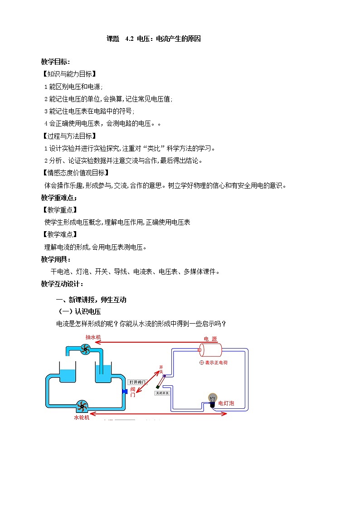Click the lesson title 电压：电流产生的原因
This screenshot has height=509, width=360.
[x=169, y=39]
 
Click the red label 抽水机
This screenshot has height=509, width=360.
[x=93, y=338]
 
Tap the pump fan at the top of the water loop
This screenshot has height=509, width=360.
[x=85, y=349]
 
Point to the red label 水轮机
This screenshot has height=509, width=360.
[x=82, y=417]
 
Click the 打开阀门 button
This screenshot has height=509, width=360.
[x=137, y=382]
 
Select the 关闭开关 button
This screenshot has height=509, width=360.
[x=162, y=393]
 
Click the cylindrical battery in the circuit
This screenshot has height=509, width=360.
[x=209, y=350]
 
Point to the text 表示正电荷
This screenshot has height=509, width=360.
[x=216, y=363]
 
